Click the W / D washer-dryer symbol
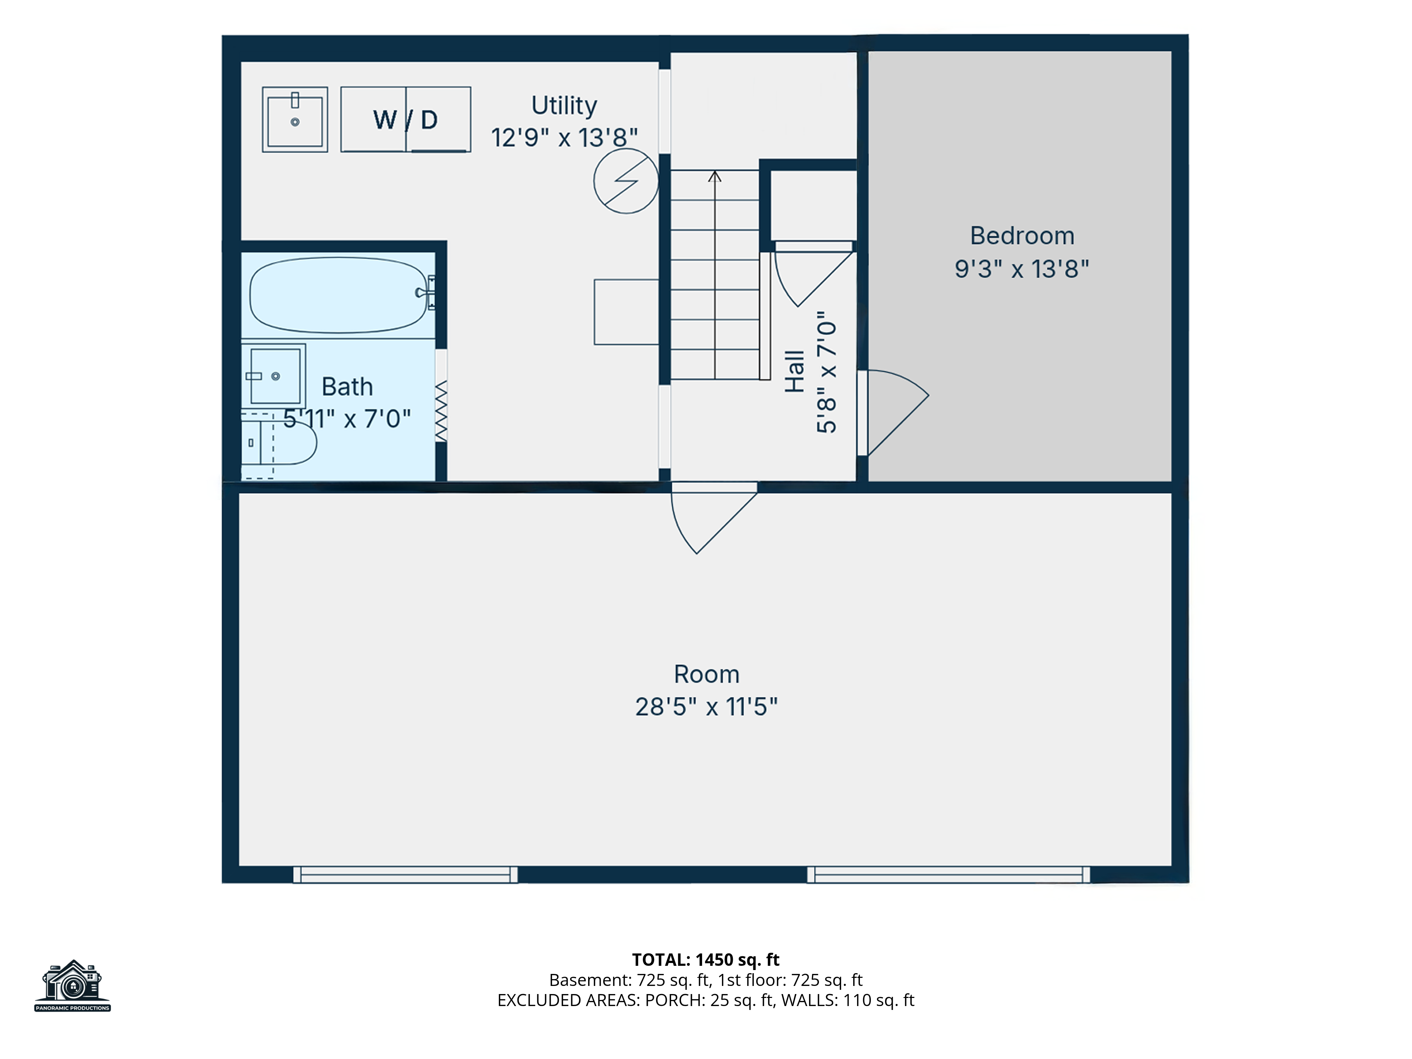point(406,119)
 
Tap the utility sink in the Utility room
point(295,119)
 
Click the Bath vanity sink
point(275,376)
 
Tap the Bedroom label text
point(1022,235)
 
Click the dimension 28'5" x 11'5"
point(706,707)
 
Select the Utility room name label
point(564,105)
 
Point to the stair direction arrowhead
point(715,176)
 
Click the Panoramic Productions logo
point(73,986)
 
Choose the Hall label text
point(795,371)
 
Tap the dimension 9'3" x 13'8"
point(1022,269)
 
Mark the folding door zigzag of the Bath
point(441,411)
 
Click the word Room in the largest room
point(707,674)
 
